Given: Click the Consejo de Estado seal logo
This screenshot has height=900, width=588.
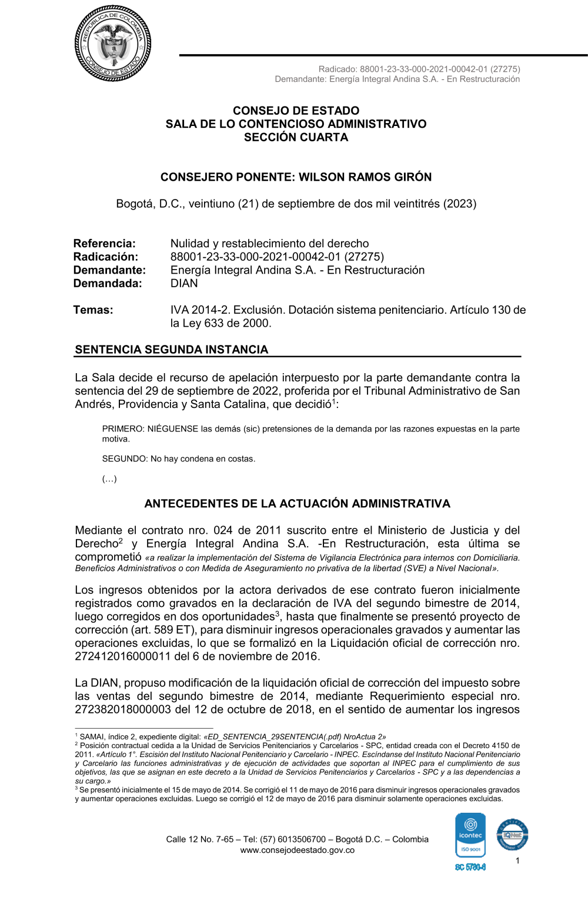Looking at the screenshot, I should pos(113,44).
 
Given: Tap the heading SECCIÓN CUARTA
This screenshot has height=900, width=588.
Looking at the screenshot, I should pos(296,137).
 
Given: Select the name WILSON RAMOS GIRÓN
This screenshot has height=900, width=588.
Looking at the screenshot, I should pos(365,177).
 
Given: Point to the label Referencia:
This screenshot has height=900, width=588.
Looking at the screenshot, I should pos(104,244).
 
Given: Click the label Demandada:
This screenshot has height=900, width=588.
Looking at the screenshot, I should pos(108,283).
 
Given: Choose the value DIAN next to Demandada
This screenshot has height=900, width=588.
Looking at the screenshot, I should pos(184,283).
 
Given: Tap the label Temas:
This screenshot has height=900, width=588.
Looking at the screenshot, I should pos(93,310).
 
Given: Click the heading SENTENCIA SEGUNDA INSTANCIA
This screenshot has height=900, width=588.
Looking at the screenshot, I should pos(171,350).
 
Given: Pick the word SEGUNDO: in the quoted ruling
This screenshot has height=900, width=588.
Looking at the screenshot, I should pos(125,459).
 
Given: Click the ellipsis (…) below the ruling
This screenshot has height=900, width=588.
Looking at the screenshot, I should pos(109,479).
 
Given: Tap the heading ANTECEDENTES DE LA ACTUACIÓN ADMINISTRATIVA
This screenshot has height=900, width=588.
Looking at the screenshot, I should pos(297,504).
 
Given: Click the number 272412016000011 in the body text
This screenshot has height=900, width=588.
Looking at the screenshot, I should pos(122,656).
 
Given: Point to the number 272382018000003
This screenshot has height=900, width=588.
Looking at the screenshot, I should pos(122,709).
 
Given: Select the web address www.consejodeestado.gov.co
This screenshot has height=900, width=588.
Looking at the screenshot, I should pos(297,850).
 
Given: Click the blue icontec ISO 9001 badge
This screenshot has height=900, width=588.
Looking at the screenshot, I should pos(470,835).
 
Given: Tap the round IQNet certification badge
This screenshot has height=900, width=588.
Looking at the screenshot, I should pos(512,835).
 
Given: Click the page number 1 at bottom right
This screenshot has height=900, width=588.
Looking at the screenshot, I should pos(517,861).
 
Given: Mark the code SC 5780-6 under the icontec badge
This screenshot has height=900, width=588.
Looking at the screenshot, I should pos(470,867).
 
